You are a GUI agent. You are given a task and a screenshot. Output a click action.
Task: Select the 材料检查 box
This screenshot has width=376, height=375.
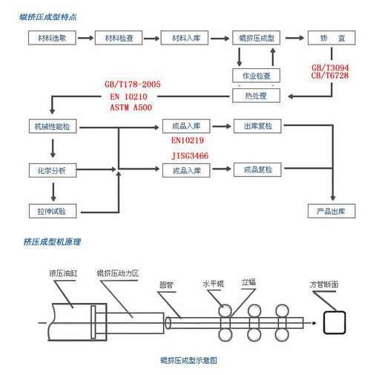tap(119, 38)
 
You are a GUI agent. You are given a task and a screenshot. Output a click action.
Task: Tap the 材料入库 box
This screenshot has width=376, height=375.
tap(185, 38)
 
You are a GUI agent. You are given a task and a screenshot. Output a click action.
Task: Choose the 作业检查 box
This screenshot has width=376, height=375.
tap(256, 75)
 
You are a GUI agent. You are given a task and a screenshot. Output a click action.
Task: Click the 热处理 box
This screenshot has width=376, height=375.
tap(256, 95)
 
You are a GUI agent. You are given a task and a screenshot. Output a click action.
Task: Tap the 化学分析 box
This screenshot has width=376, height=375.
tap(52, 170)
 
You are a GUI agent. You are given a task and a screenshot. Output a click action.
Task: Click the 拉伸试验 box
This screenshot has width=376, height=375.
tap(52, 212)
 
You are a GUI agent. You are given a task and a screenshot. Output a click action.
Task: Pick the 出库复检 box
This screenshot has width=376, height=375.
tap(257, 126)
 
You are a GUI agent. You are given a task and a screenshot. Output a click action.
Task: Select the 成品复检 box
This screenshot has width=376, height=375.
tap(257, 170)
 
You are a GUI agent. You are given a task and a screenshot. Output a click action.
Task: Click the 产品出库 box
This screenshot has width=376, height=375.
tap(332, 212)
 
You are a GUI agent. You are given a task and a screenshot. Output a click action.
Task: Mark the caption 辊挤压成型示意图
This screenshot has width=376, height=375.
tap(188, 359)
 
